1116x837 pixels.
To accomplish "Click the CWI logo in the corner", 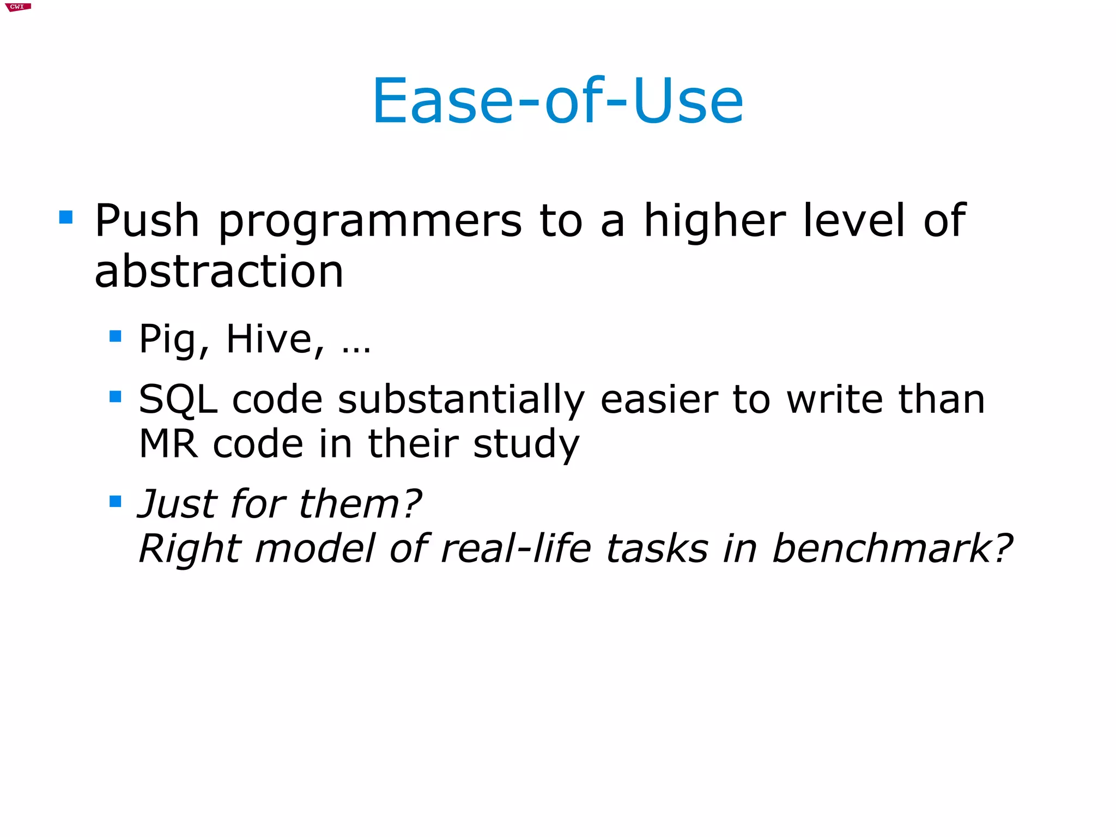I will coord(17,7).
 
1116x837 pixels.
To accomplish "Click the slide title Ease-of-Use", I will coord(557,101).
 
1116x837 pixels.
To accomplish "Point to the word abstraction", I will coord(219,271).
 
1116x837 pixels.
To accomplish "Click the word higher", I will coord(714,221).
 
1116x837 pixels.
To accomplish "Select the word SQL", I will coord(178,400).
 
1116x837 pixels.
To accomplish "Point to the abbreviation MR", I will coord(168,443).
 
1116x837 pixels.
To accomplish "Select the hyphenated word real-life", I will coord(515,548).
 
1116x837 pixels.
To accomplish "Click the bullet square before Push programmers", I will coord(66,217).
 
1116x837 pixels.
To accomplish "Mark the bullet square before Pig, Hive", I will coord(115,335).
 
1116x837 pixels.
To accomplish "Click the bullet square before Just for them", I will coord(115,501).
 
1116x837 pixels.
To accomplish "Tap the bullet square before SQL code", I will coord(115,396).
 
